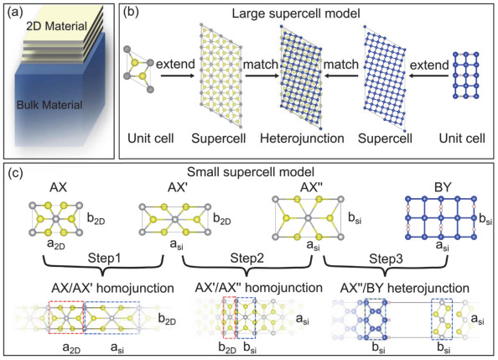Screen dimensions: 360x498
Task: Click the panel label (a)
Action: [x=13, y=11]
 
